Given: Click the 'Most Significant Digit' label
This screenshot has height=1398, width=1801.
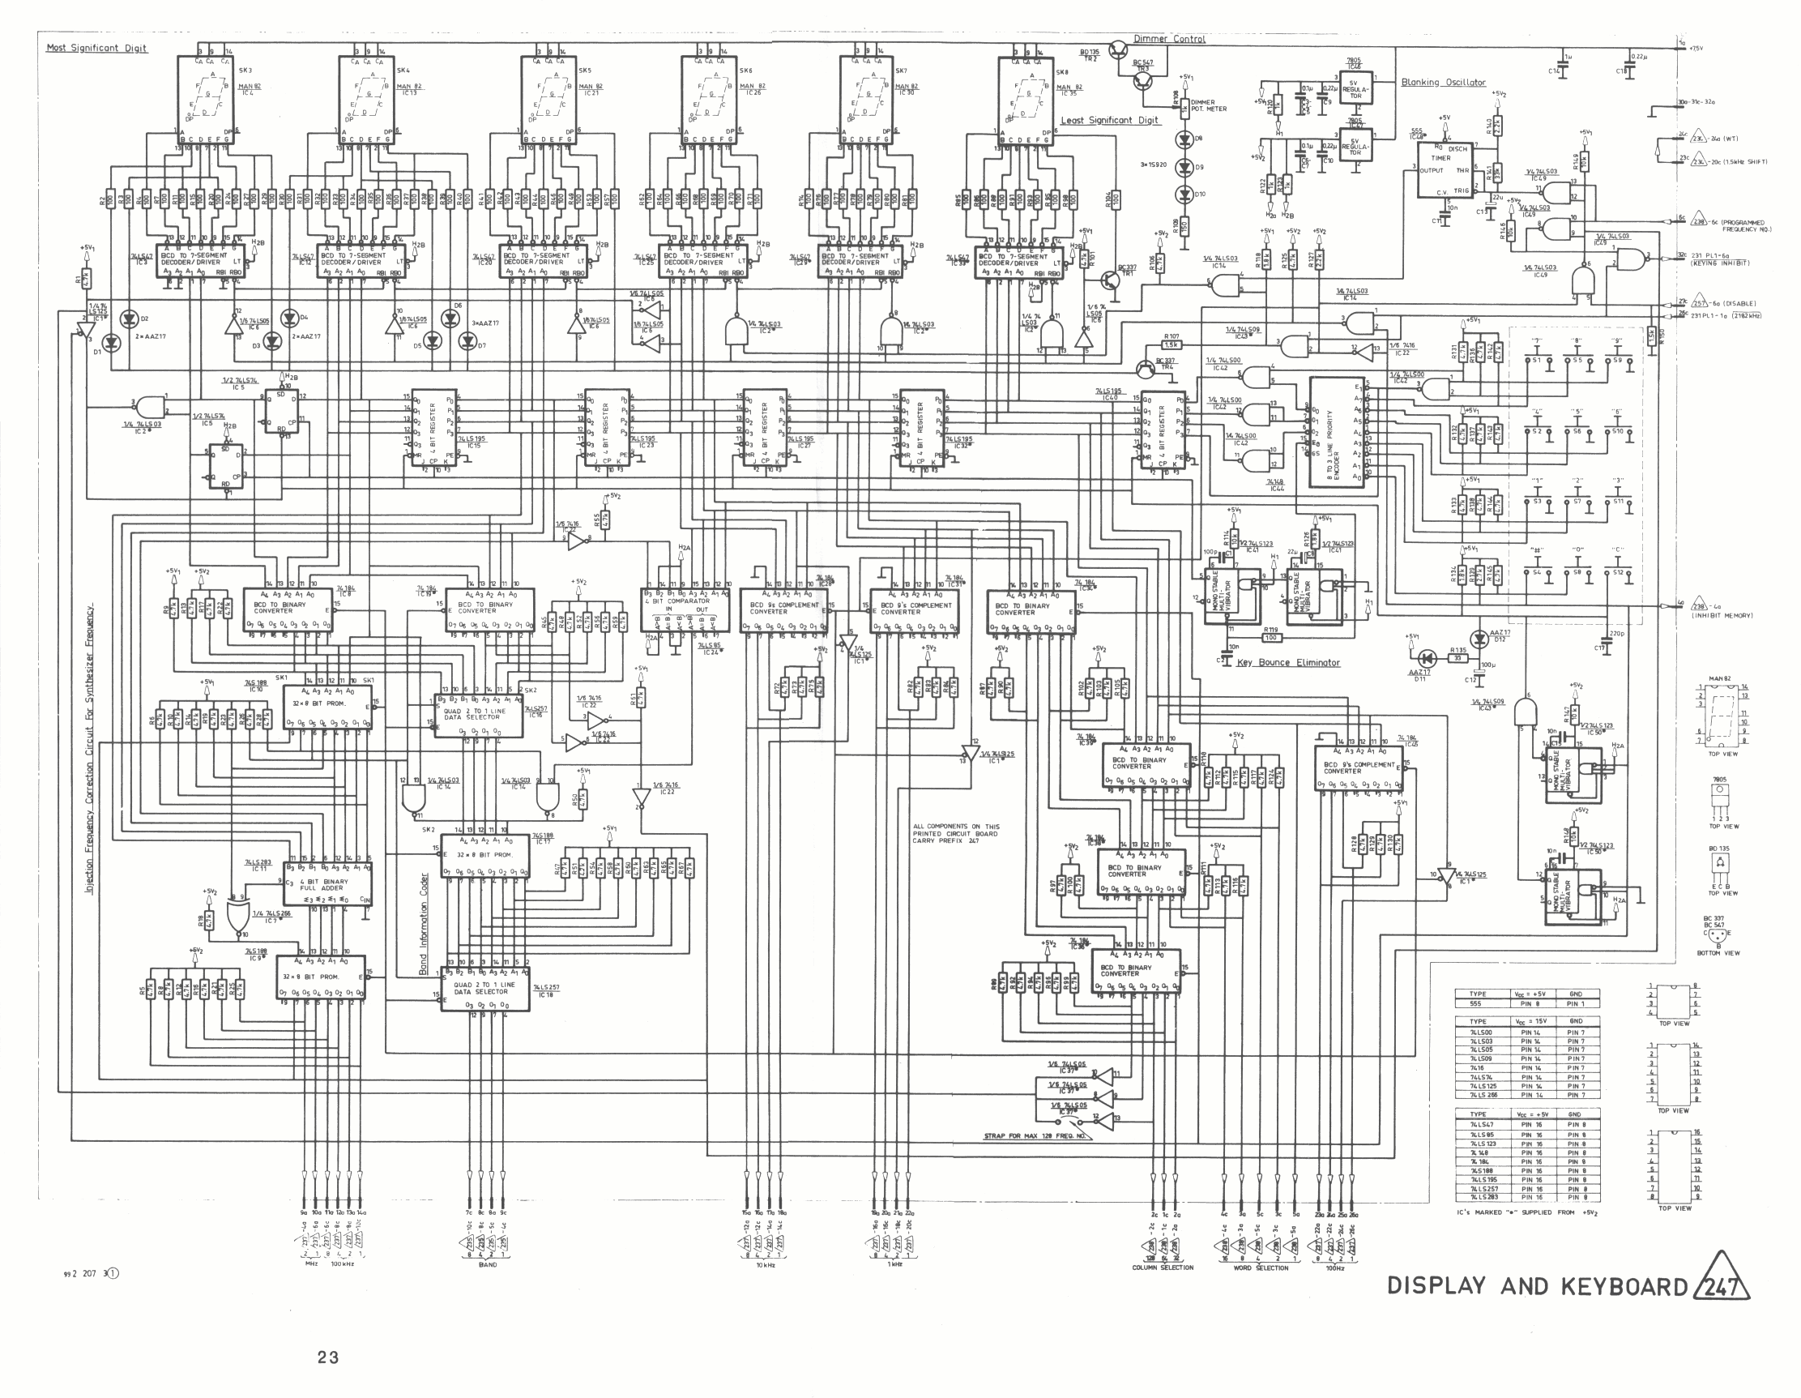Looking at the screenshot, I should (x=96, y=48).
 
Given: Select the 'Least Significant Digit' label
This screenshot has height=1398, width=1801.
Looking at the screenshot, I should (x=1109, y=121).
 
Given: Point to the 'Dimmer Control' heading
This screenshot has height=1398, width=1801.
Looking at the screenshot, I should (x=1168, y=39).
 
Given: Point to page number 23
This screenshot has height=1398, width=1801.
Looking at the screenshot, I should (x=327, y=1357).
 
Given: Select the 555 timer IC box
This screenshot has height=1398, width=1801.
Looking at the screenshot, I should (x=1444, y=170).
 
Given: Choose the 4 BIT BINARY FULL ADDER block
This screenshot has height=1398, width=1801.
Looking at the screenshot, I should (x=327, y=884).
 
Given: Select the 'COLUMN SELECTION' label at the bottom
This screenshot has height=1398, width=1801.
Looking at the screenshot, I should (x=1162, y=1268).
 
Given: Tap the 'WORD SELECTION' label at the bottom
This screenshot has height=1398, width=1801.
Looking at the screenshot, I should (x=1258, y=1268).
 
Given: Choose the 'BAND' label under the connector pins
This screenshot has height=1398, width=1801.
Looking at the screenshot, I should (x=488, y=1264).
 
